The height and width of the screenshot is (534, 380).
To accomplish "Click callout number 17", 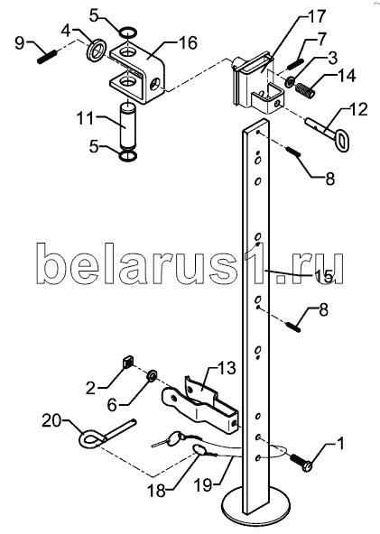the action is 315,16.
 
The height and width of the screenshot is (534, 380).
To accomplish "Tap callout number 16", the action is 187,43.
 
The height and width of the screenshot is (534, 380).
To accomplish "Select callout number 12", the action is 357,110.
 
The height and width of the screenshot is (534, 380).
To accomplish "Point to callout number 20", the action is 51,420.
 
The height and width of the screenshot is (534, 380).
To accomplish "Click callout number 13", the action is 227,368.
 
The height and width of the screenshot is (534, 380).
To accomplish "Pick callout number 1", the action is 339,444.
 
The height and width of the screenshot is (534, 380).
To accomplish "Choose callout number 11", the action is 86,119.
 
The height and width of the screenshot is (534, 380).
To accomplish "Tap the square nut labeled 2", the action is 127,362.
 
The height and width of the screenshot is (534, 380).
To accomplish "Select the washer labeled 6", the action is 152,375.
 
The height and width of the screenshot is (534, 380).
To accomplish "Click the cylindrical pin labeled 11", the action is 129,128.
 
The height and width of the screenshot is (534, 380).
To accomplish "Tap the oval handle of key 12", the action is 342,141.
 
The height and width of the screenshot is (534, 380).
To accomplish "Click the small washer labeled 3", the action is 291,82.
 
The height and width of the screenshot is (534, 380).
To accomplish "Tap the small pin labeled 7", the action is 295,64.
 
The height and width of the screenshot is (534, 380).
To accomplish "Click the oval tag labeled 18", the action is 200,450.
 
